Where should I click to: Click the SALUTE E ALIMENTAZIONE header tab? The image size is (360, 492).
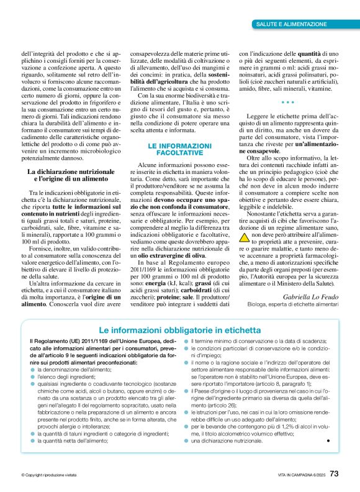pyautogui.click(x=291, y=24)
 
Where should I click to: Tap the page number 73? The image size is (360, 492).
pyautogui.click(x=334, y=473)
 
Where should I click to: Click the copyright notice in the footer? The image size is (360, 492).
pyautogui.click(x=48, y=475)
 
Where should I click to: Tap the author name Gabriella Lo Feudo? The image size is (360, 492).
pyautogui.click(x=311, y=298)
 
